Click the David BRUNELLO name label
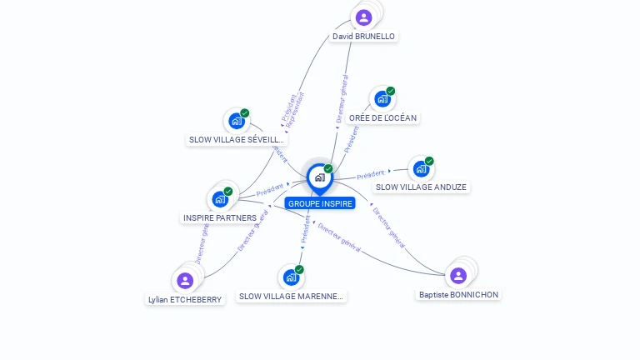pyautogui.click(x=363, y=37)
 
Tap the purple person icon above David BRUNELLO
pyautogui.click(x=363, y=17)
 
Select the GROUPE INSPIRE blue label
pyautogui.click(x=320, y=203)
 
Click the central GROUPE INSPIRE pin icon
pyautogui.click(x=319, y=177)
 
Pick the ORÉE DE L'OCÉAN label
pyautogui.click(x=382, y=118)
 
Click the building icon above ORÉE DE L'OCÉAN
pyautogui.click(x=382, y=99)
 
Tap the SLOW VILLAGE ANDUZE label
pyautogui.click(x=421, y=187)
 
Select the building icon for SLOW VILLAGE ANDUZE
pyautogui.click(x=421, y=168)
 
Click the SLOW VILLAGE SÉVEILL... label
pyautogui.click(x=237, y=140)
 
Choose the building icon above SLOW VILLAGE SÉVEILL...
pyautogui.click(x=237, y=121)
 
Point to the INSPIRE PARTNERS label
pyautogui.click(x=220, y=218)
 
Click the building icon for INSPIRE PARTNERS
pyautogui.click(x=219, y=198)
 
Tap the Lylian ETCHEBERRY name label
pyautogui.click(x=185, y=299)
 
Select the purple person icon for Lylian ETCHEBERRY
pyautogui.click(x=185, y=280)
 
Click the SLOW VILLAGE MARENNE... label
pyautogui.click(x=290, y=296)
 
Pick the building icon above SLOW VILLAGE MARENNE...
pyautogui.click(x=290, y=277)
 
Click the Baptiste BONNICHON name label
pyautogui.click(x=458, y=295)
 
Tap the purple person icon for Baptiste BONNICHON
pyautogui.click(x=458, y=275)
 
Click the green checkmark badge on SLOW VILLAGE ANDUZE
pyautogui.click(x=429, y=161)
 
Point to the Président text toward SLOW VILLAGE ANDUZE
pyautogui.click(x=371, y=175)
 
